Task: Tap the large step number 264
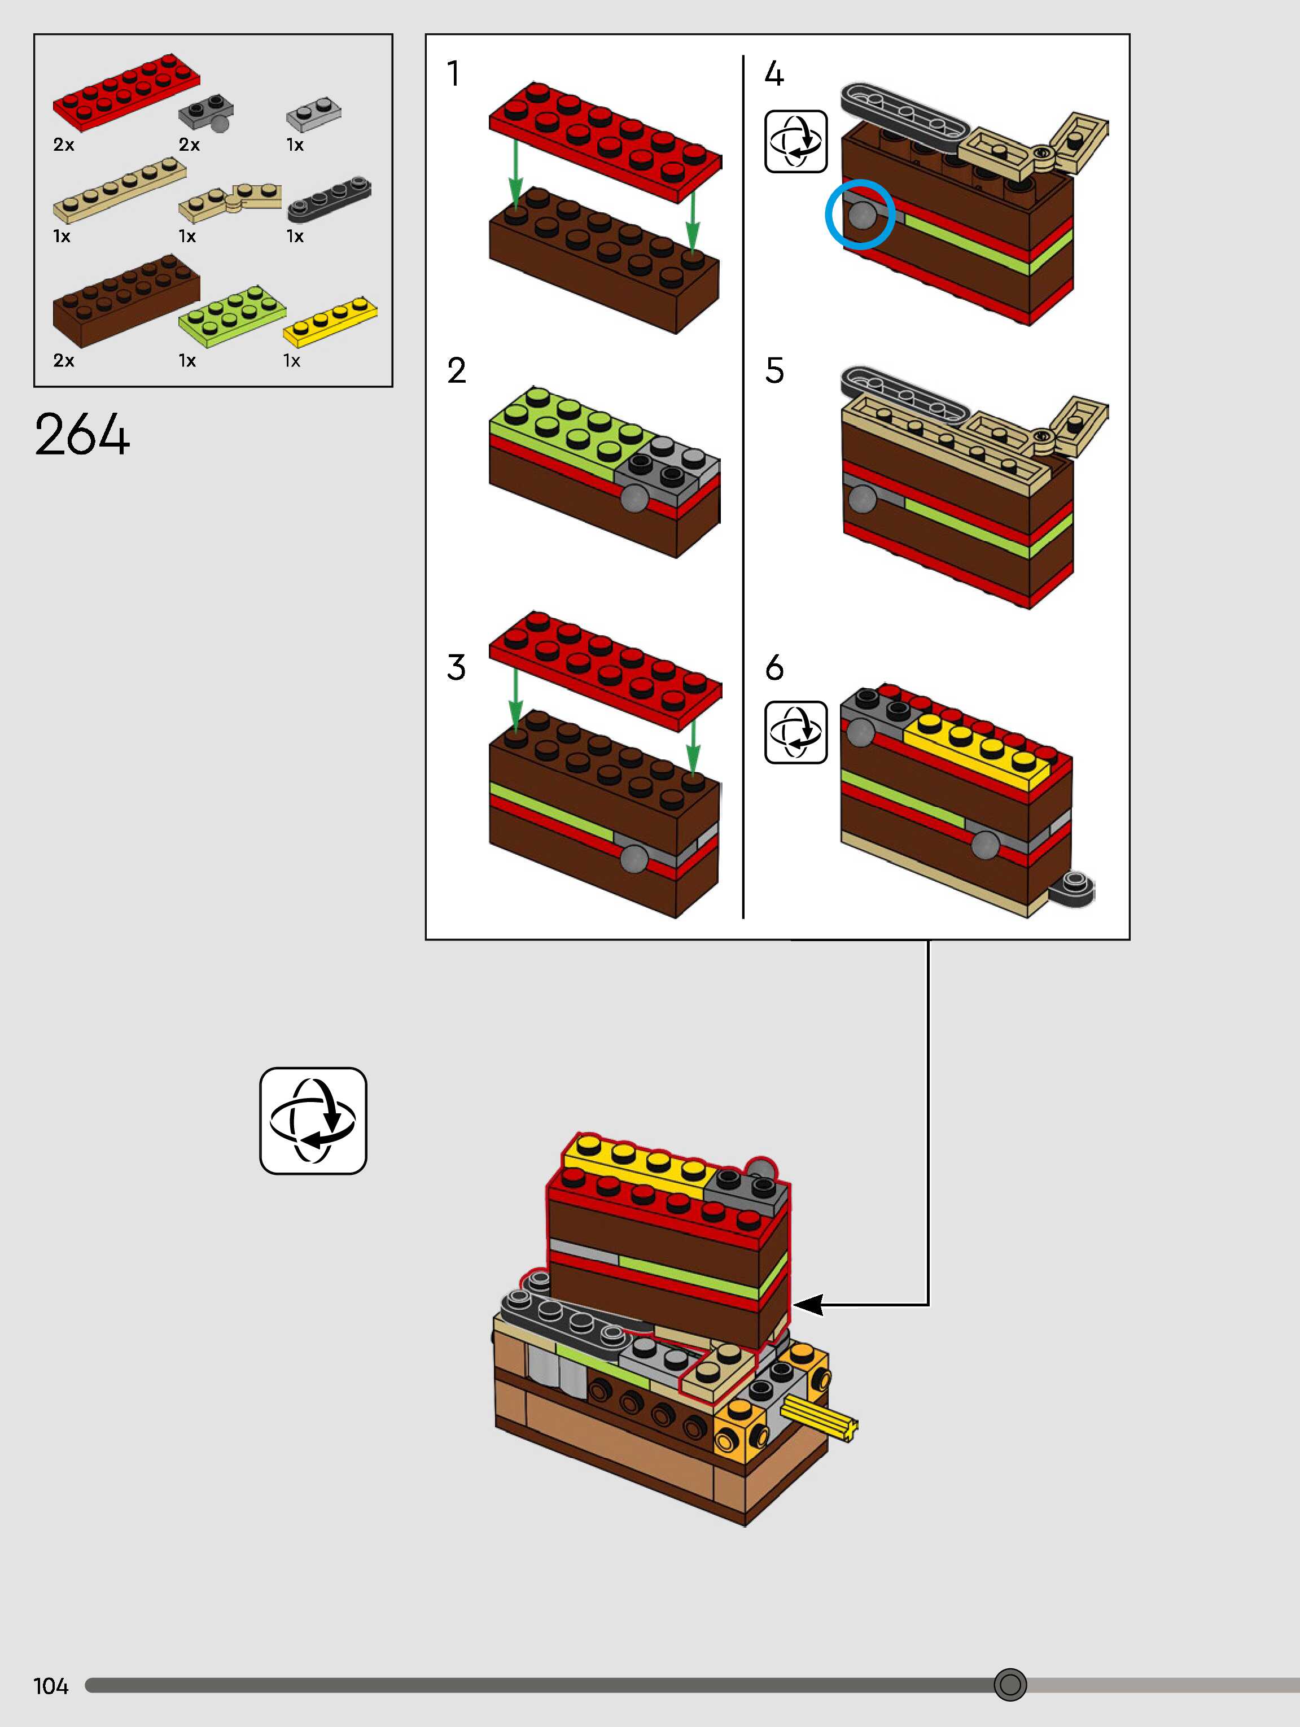click(x=82, y=435)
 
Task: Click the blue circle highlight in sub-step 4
click(x=860, y=215)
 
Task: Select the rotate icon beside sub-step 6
click(x=795, y=732)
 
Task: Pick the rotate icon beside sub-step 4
click(x=795, y=141)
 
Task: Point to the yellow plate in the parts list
click(x=330, y=321)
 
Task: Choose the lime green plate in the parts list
click(x=232, y=316)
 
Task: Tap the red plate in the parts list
click(x=126, y=88)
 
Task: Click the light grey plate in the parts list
click(x=314, y=115)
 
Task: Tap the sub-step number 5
click(x=774, y=370)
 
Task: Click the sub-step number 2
click(x=456, y=370)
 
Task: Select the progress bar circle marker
click(x=1009, y=1684)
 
